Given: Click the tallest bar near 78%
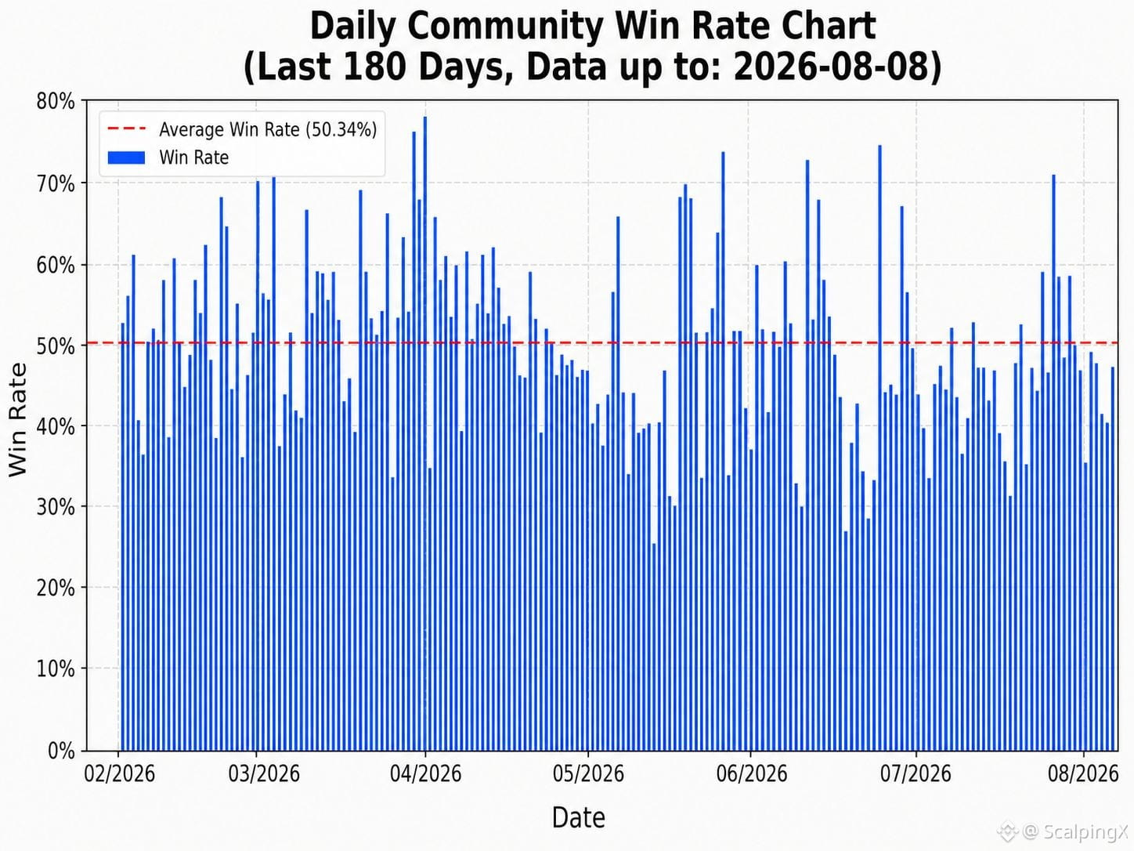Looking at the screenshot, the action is tap(424, 433).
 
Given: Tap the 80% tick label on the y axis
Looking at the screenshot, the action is tap(56, 102).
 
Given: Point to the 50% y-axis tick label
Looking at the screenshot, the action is tap(56, 346).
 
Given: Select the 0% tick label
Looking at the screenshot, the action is tap(61, 751).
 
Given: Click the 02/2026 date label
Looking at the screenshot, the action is tap(119, 773).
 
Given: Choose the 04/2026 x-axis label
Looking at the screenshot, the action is tap(425, 773).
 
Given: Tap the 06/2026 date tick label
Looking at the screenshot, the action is tap(751, 773).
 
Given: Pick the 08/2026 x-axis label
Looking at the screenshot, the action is tap(1083, 773).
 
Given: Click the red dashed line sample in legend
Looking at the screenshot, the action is tap(127, 129).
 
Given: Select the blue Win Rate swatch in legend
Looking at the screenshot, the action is tap(127, 158).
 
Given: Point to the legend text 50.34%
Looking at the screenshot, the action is tap(341, 129).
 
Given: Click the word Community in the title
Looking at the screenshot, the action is tap(505, 27).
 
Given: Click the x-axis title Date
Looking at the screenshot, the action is tap(578, 817).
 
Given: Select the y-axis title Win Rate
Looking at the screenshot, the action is tap(17, 419).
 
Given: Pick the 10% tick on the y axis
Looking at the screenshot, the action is tap(56, 670).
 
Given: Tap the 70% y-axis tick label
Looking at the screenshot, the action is tap(56, 183).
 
